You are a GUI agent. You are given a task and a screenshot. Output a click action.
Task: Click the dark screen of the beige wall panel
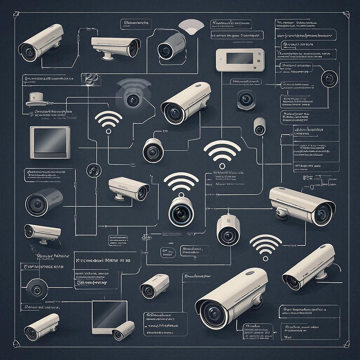tap(239, 58)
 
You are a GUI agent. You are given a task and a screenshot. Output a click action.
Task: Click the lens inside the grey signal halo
tap(133, 100)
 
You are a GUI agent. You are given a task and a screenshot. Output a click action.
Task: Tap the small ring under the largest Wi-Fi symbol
tap(222, 166)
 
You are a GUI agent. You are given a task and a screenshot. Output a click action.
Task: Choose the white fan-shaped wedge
tap(191, 27)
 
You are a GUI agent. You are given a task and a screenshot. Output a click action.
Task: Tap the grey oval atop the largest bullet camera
tap(250, 272)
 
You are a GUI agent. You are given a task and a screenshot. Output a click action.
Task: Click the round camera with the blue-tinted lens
tap(181, 212)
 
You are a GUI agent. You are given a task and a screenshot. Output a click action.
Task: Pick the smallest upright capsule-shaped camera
tap(259, 126)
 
